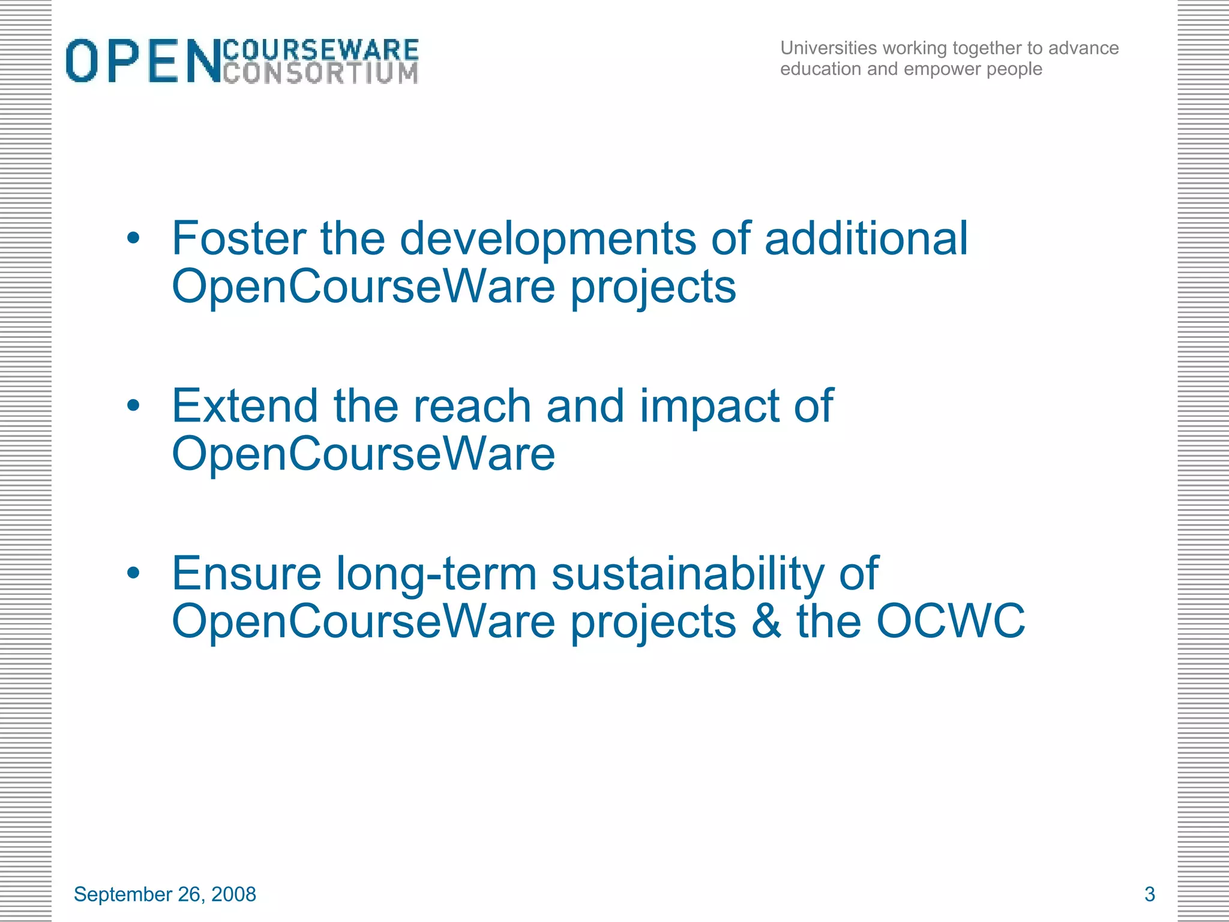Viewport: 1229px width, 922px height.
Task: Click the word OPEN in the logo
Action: [x=143, y=61]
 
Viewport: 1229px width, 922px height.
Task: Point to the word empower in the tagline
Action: [x=942, y=70]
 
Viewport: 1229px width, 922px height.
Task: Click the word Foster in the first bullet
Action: [x=238, y=238]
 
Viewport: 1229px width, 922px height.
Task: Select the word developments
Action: [x=548, y=240]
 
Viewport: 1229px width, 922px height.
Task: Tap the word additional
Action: [x=866, y=238]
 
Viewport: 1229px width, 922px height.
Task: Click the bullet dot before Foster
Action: [x=133, y=238]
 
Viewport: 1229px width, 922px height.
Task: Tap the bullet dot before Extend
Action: [x=133, y=406]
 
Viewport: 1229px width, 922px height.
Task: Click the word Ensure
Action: [x=247, y=574]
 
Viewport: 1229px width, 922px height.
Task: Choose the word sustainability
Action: [x=688, y=575]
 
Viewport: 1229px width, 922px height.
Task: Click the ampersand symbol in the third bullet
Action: [x=766, y=621]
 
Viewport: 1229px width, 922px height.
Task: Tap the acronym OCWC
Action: [x=951, y=621]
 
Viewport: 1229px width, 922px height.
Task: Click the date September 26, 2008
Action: [x=165, y=894]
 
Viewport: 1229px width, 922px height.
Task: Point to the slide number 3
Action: [x=1150, y=894]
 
